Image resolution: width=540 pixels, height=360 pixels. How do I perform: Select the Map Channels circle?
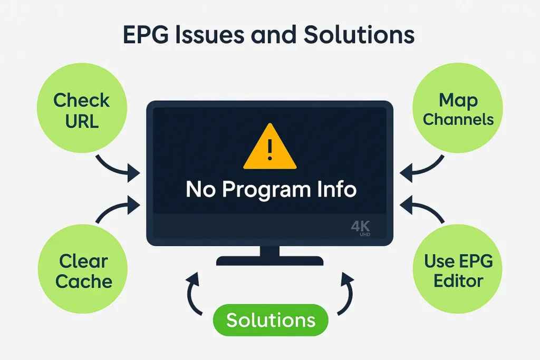(458, 109)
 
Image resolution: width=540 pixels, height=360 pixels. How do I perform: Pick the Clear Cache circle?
(83, 271)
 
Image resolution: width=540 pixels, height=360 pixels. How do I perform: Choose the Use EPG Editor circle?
(458, 271)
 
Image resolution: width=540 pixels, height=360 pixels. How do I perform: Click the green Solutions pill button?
(271, 320)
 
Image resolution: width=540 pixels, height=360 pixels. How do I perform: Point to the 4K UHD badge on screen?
(361, 228)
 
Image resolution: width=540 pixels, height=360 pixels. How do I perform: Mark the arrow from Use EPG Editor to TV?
(423, 209)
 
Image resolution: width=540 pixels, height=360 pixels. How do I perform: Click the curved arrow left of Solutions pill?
(193, 295)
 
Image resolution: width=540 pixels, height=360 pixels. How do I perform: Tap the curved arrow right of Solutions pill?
(348, 295)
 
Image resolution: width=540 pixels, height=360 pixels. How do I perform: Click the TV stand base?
(270, 260)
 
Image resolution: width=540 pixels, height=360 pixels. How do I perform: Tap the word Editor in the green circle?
(458, 280)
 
